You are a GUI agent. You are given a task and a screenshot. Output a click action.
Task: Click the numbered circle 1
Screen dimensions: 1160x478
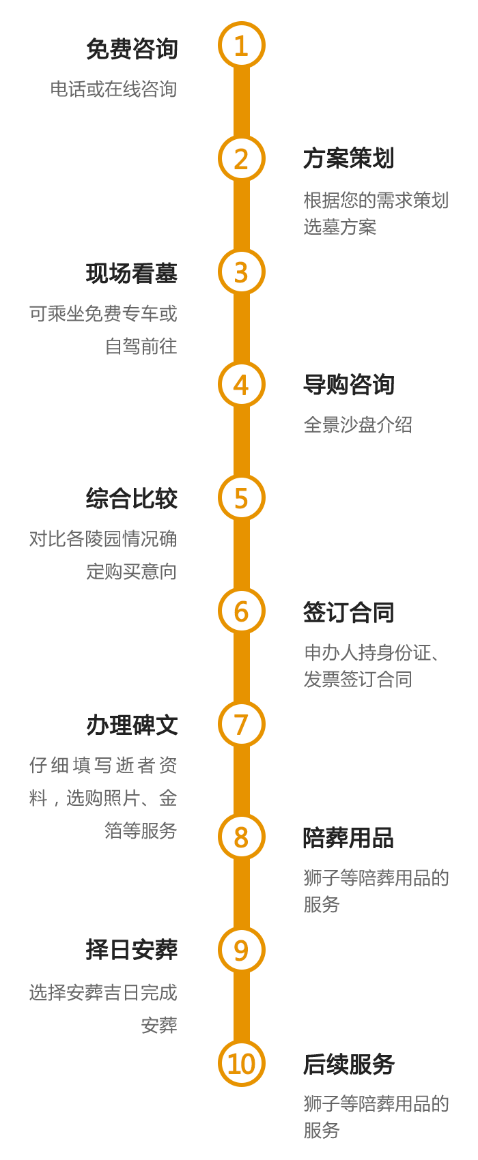pos(241,46)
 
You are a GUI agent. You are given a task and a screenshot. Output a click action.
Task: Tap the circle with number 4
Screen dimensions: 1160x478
pos(241,385)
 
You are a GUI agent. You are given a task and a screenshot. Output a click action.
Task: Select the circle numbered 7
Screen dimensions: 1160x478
pos(241,724)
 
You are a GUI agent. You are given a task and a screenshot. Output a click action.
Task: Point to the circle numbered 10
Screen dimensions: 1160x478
pos(241,1063)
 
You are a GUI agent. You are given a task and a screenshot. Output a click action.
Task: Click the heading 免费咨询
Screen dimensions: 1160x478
pos(132,48)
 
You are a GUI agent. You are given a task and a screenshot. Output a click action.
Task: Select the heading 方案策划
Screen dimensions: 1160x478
pos(348,159)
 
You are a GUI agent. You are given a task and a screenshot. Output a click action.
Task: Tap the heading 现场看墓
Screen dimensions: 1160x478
pos(132,274)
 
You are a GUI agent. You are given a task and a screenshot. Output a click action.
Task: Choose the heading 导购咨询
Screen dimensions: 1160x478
pos(348,385)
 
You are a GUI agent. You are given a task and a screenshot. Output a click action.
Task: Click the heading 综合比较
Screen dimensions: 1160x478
pos(132,499)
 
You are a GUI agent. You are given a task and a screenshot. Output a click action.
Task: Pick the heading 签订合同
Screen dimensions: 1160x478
pos(348,612)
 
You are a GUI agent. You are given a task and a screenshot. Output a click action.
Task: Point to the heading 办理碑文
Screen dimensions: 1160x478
pos(132,725)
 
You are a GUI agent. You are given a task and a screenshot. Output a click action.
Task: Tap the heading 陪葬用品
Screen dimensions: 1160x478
pos(348,837)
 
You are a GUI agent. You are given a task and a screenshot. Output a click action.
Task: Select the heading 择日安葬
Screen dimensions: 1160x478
pos(132,950)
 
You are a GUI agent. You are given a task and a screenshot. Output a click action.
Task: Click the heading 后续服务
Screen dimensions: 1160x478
pos(348,1064)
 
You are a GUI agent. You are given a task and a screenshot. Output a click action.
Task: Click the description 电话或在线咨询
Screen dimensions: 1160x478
pos(113,89)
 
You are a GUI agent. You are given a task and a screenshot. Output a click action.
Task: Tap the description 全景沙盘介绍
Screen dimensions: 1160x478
pos(358,424)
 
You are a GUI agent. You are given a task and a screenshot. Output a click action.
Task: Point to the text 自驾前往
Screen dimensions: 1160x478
pos(141,346)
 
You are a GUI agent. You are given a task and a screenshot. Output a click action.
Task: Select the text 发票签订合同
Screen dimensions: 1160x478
pos(358,679)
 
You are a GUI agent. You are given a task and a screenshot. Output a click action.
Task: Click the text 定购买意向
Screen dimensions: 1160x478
pos(131,571)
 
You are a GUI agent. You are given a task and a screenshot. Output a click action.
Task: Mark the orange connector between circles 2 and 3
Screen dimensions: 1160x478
pos(241,216)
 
